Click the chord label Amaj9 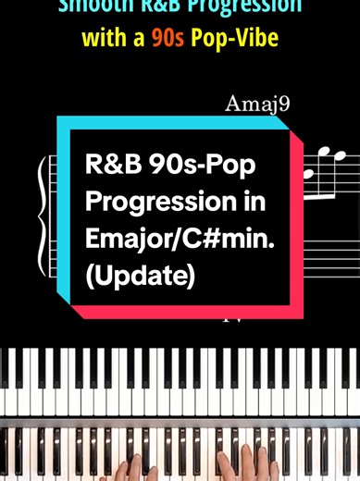257,103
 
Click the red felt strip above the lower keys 180,420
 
